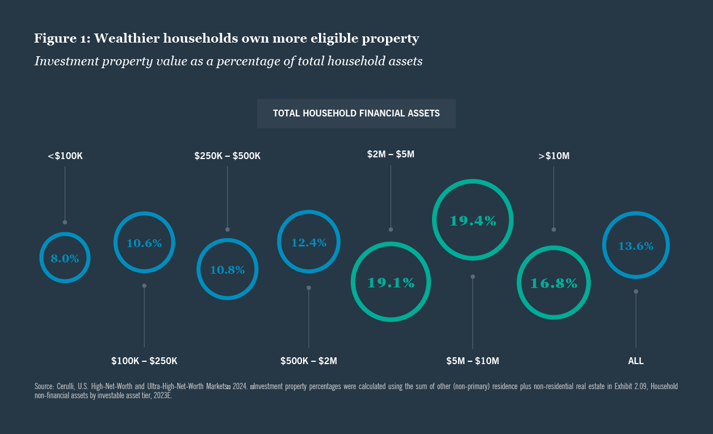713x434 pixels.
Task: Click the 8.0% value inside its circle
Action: coord(65,258)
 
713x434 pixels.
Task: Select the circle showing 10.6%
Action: coord(144,243)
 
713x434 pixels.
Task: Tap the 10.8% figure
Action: coord(227,270)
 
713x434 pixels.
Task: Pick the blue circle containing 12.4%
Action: coord(309,243)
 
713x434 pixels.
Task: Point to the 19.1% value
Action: coord(391,282)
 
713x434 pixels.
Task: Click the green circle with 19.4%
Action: coord(472,220)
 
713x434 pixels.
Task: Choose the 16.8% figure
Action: coord(553,283)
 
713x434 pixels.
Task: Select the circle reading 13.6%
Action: coord(636,246)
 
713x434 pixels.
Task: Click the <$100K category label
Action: coord(65,156)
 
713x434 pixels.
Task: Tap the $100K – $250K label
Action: coord(144,361)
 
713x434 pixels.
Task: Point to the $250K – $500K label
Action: coord(227,156)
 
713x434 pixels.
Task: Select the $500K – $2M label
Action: coord(309,361)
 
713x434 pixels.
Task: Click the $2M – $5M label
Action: coord(391,154)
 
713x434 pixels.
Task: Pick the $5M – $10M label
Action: coord(472,361)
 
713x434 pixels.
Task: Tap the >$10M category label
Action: coord(553,156)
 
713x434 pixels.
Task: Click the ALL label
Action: coord(636,361)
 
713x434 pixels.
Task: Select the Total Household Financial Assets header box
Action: coord(356,114)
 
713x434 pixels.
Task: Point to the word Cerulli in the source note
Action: coord(67,386)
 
